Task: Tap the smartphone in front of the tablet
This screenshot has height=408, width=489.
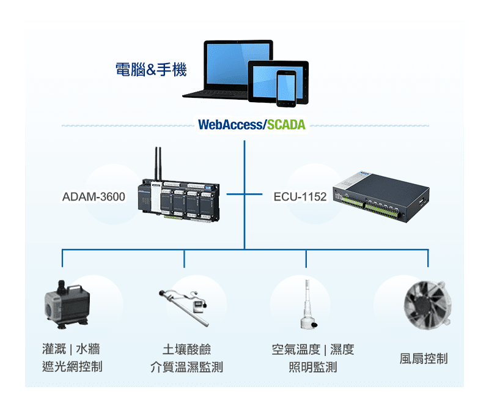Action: pos(285,88)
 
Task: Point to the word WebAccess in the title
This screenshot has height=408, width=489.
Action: pos(230,125)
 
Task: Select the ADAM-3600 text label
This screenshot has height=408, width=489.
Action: pos(94,197)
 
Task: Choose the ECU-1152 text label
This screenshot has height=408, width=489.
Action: pos(300,197)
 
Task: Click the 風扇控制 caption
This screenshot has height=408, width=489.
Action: pos(424,358)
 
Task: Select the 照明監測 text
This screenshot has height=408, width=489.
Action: pos(312,367)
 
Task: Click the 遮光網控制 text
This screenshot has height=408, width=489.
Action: pos(72,366)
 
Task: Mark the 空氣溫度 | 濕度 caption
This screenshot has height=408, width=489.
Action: pos(312,349)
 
